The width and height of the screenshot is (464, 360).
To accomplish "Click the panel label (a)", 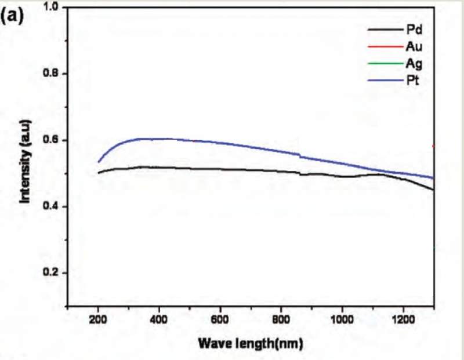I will coord(13,16).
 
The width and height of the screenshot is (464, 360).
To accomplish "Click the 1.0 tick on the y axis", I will coord(52,8).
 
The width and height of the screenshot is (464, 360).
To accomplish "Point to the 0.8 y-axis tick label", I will coord(52,74).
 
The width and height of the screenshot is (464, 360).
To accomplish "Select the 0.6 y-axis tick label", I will coord(52,140).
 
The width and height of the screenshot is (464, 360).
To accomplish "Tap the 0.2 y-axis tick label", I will coord(52,273).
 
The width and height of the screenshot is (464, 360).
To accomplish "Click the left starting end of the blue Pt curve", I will coord(99,161).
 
